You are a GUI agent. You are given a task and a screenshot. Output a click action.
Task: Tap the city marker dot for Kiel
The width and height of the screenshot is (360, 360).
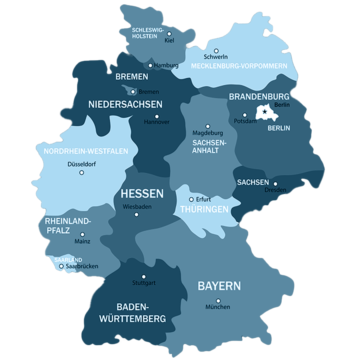pos(169,34)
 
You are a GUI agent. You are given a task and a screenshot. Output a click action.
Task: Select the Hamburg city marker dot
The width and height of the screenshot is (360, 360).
pos(150,65)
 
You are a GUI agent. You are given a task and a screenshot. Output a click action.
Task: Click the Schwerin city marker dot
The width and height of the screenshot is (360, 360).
pos(216,51)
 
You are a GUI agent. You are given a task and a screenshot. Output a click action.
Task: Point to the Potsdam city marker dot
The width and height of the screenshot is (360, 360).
pos(245,115)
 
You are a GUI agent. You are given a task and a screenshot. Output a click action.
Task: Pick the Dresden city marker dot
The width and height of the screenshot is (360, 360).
pos(275,184)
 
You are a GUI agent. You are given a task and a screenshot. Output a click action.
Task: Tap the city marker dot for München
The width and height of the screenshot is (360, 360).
pos(218,301)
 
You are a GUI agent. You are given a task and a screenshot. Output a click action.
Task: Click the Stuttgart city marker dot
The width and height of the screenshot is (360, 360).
pos(144,276)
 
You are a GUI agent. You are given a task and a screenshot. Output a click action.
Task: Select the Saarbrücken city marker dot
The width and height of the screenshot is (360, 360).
pos(61,266)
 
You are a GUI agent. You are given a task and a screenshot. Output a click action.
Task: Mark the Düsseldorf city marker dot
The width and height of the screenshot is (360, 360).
pos(82,173)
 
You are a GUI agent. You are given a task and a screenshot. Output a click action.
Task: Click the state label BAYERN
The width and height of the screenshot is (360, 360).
pos(219,286)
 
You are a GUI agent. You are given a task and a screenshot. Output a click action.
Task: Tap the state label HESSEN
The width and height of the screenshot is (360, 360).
pos(142,194)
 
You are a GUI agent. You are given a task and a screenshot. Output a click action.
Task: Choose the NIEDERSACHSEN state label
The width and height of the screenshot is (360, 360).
pos(125,105)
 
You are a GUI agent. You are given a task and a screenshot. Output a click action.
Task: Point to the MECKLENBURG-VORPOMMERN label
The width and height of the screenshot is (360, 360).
pos(239,66)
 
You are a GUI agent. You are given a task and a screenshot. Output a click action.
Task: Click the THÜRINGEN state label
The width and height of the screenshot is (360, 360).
pos(204,210)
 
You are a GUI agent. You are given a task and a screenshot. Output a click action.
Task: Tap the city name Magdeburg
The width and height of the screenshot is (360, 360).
pos(208,133)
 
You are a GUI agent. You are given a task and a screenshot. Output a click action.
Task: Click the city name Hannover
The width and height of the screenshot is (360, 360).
pos(156,122)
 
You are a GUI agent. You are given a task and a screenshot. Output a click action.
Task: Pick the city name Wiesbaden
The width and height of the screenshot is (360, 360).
pos(137,207)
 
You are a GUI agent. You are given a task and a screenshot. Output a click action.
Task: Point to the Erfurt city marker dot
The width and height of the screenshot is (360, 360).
pos(191,199)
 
